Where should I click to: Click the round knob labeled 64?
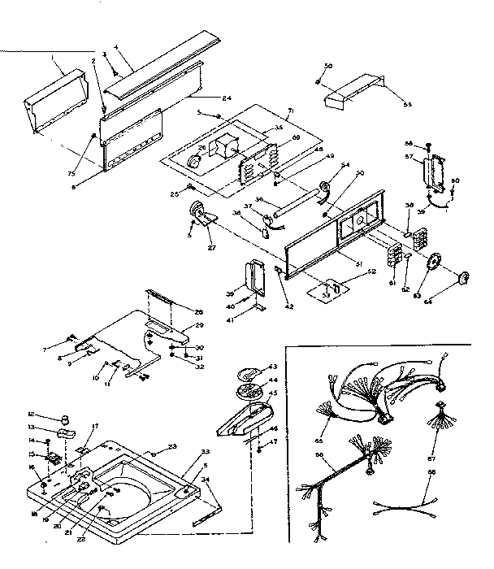pyautogui.click(x=464, y=277)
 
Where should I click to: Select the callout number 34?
pyautogui.click(x=215, y=480)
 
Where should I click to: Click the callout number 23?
pyautogui.click(x=172, y=445)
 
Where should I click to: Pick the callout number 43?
pyautogui.click(x=272, y=368)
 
